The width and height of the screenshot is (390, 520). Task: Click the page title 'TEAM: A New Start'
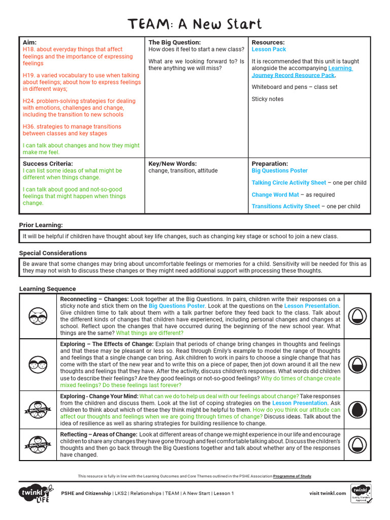click(195, 24)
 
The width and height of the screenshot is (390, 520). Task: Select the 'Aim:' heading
click(30, 43)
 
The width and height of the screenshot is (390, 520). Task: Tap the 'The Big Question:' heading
click(174, 43)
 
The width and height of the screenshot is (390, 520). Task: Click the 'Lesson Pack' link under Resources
click(269, 50)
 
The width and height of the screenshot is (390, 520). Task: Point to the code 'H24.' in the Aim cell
click(29, 101)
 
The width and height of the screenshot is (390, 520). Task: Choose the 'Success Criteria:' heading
click(48, 164)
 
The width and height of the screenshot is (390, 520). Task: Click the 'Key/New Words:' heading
click(172, 164)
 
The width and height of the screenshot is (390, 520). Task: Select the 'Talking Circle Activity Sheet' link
click(288, 183)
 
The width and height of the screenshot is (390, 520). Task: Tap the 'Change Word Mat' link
click(275, 194)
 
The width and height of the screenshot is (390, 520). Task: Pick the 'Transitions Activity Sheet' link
click(285, 207)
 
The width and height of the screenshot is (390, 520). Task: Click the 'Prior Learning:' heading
click(41, 225)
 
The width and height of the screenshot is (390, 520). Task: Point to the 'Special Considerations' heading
click(53, 253)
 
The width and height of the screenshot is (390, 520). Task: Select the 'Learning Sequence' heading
click(47, 289)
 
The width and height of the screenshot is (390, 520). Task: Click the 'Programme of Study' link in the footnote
click(292, 476)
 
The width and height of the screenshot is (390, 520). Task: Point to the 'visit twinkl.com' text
click(328, 493)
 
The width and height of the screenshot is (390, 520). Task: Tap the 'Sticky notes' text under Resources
click(268, 99)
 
